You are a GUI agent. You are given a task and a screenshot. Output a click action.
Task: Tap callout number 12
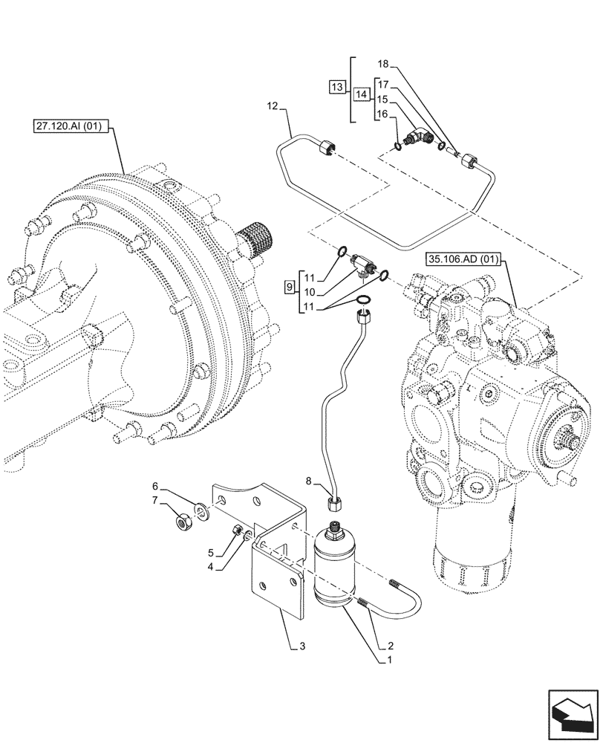(272, 108)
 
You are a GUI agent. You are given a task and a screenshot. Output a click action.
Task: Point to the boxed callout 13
(336, 87)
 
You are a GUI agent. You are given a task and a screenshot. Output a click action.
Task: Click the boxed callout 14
(361, 95)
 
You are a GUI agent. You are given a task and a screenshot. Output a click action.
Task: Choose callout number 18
(382, 65)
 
